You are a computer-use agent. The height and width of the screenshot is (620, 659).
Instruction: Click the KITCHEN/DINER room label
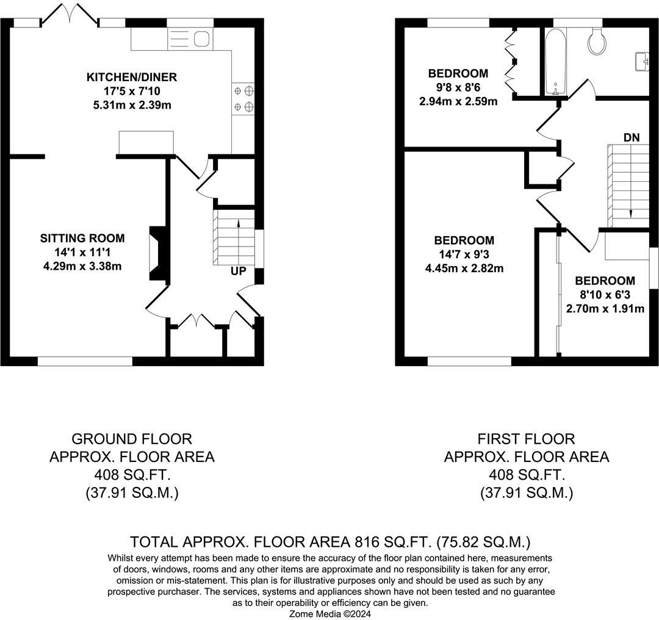[x=131, y=77]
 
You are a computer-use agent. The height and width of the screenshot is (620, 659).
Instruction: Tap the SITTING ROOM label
[x=82, y=238]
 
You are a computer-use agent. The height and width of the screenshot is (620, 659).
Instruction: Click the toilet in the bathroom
[x=594, y=39]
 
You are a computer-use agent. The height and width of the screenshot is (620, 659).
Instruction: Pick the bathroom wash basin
[x=642, y=62]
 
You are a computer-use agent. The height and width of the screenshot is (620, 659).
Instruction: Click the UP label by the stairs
[x=239, y=270]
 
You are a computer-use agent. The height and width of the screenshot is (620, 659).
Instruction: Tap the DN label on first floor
[x=632, y=138]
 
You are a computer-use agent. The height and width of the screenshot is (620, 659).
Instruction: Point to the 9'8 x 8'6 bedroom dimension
[x=458, y=88]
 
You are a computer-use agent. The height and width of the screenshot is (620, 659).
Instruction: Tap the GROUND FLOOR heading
[x=132, y=439]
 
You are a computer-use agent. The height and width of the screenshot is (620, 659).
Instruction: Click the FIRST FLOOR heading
[x=526, y=439]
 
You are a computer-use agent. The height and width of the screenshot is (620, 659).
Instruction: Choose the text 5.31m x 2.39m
[x=131, y=104]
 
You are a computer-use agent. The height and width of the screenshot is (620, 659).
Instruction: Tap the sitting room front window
[x=85, y=362]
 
